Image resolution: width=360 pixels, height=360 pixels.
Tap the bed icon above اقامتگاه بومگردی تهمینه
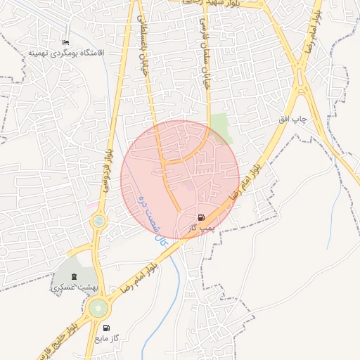[66, 43]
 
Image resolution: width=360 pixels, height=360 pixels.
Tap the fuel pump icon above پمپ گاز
[202, 217]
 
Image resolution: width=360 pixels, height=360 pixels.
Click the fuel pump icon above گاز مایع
[106, 328]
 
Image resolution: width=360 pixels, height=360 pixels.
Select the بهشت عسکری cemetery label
[73, 288]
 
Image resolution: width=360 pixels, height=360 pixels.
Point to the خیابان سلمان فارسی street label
[207, 63]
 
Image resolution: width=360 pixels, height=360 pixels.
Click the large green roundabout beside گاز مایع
[98, 307]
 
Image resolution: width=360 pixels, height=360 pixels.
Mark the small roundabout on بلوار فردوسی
[98, 221]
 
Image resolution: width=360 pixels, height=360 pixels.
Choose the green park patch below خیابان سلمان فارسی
[223, 127]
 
